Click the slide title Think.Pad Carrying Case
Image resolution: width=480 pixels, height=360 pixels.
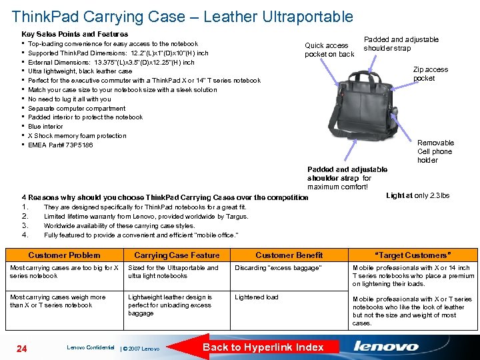pyautogui.click(x=182, y=15)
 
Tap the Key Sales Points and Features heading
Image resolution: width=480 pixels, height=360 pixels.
pyautogui.click(x=75, y=33)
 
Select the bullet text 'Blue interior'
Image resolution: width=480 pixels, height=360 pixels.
pyautogui.click(x=45, y=127)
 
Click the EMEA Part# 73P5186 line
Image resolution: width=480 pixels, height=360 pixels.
pyautogui.click(x=61, y=145)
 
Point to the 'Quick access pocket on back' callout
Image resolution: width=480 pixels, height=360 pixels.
pyautogui.click(x=329, y=50)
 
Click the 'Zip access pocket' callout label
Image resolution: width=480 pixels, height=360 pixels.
pyautogui.click(x=430, y=74)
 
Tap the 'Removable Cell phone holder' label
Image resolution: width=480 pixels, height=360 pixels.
pyautogui.click(x=435, y=151)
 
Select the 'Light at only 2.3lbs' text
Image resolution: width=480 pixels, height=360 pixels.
pyautogui.click(x=417, y=195)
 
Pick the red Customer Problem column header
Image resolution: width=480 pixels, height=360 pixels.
pyautogui.click(x=64, y=255)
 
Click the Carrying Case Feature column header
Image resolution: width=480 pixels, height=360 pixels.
pyautogui.click(x=177, y=255)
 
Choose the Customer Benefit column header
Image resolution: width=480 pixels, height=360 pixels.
pyautogui.click(x=289, y=255)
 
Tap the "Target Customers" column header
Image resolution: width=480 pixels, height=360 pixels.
pyautogui.click(x=413, y=255)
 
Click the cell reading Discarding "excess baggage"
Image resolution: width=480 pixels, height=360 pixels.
pyautogui.click(x=278, y=268)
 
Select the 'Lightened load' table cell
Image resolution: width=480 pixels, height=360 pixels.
pyautogui.click(x=257, y=297)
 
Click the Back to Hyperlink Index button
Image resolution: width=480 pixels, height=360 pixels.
pyautogui.click(x=263, y=347)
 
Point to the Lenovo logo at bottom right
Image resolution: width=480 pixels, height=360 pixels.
pyautogui.click(x=386, y=347)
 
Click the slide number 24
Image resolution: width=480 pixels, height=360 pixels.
pyautogui.click(x=21, y=348)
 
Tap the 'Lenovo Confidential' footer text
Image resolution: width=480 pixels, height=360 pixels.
pyautogui.click(x=90, y=347)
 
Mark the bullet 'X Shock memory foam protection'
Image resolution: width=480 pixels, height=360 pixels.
pyautogui.click(x=77, y=136)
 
